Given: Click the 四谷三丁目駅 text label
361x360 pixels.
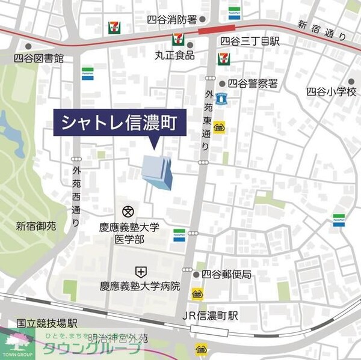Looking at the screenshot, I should (250, 42).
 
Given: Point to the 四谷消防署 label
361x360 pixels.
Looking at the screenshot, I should (172, 20).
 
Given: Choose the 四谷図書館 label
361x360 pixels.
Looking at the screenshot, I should (39, 59).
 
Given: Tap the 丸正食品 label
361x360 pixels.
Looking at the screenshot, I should (174, 55).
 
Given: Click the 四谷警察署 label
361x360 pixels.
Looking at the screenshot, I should (252, 85).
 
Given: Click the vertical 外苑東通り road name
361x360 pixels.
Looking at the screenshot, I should (209, 120).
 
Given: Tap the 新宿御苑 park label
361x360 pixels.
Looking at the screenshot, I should (35, 227).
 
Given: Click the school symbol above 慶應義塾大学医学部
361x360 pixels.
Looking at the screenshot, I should (128, 211).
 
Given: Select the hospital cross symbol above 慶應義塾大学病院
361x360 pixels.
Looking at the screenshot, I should (140, 272).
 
